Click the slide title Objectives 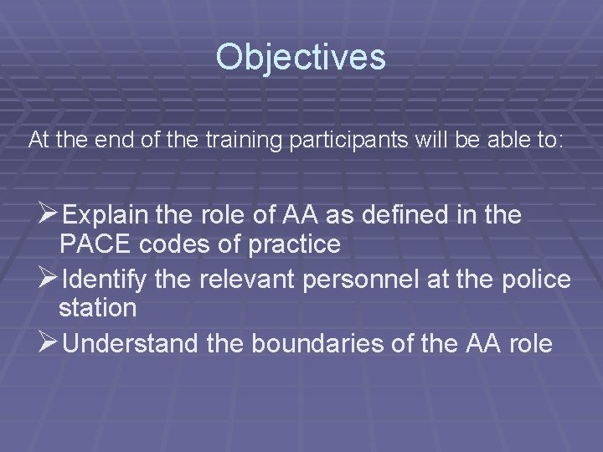(x=301, y=58)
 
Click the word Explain (x=107, y=216)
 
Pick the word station (x=97, y=308)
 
